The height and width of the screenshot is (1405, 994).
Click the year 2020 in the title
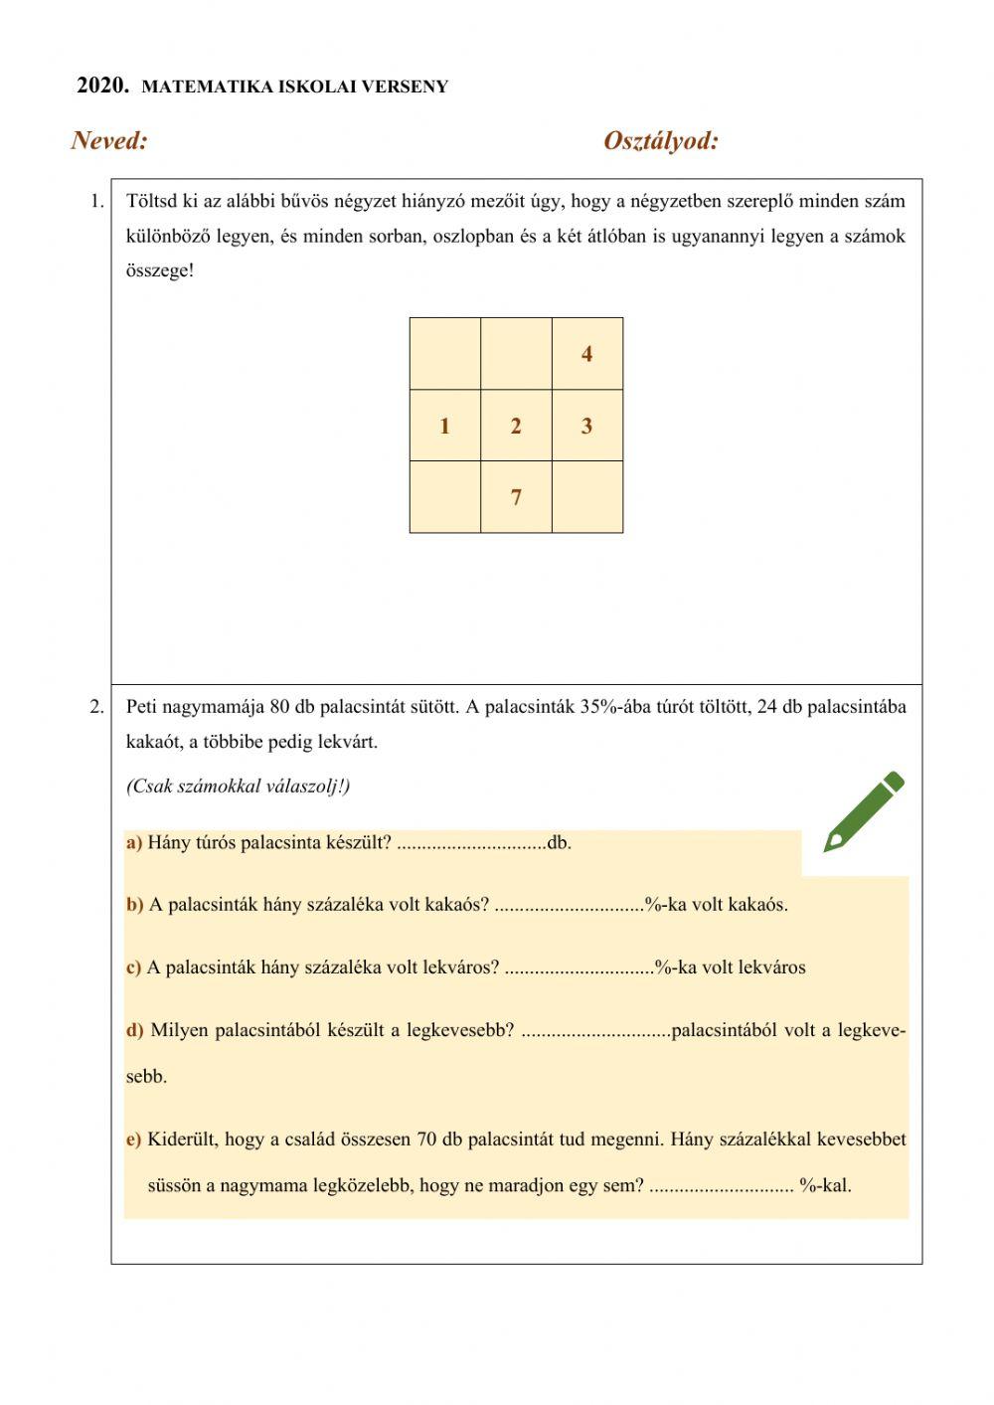pos(102,86)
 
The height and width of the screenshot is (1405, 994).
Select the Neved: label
pos(109,141)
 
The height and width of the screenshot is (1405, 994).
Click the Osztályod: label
pos(660,141)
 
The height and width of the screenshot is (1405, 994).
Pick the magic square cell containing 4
pos(587,354)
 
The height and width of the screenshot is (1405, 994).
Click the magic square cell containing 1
pos(444,426)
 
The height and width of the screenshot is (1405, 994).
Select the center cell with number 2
pos(516,426)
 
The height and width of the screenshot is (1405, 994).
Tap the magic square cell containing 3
pos(587,426)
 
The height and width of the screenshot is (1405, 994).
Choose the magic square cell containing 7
pos(516,497)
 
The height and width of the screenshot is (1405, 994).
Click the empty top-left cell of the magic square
pos(444,354)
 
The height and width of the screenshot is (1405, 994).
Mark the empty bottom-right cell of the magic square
pos(587,497)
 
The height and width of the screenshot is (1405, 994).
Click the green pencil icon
pos(863,811)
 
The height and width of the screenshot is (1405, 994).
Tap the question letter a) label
pos(134,843)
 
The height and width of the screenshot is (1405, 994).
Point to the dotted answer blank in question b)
pos(569,905)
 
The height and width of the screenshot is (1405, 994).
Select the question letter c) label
pos(133,967)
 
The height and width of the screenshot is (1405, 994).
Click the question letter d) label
pos(135,1030)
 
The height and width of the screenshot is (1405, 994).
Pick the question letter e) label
pos(134,1140)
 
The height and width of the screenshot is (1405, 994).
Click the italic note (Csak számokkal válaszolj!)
pos(238,787)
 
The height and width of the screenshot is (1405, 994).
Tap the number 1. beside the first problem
pos(96,202)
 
